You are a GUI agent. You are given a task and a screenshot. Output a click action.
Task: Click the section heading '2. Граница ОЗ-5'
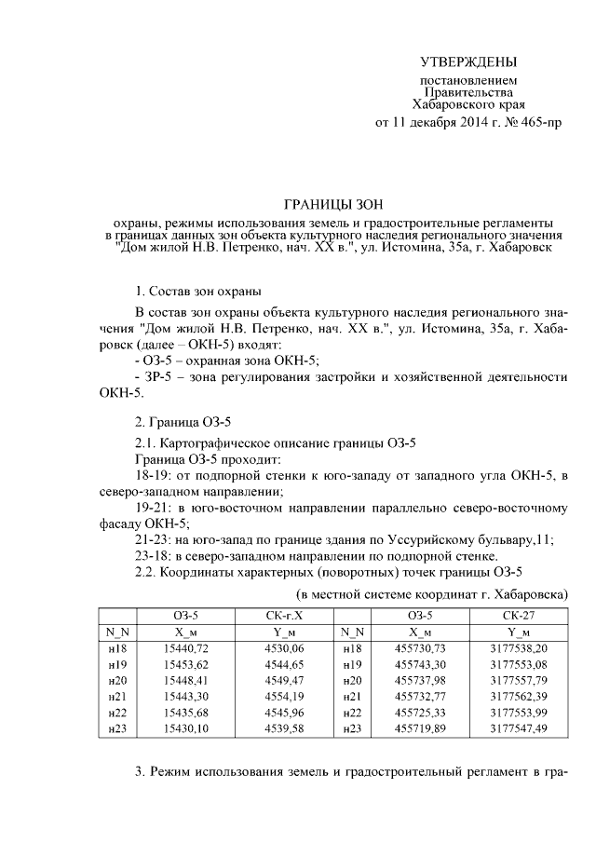[x=182, y=421]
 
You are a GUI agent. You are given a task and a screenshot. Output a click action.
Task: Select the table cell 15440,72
[x=186, y=647]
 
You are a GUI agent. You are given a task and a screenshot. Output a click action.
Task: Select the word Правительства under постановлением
[x=468, y=93]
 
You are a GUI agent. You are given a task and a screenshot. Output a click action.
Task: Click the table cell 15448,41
[x=186, y=680]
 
